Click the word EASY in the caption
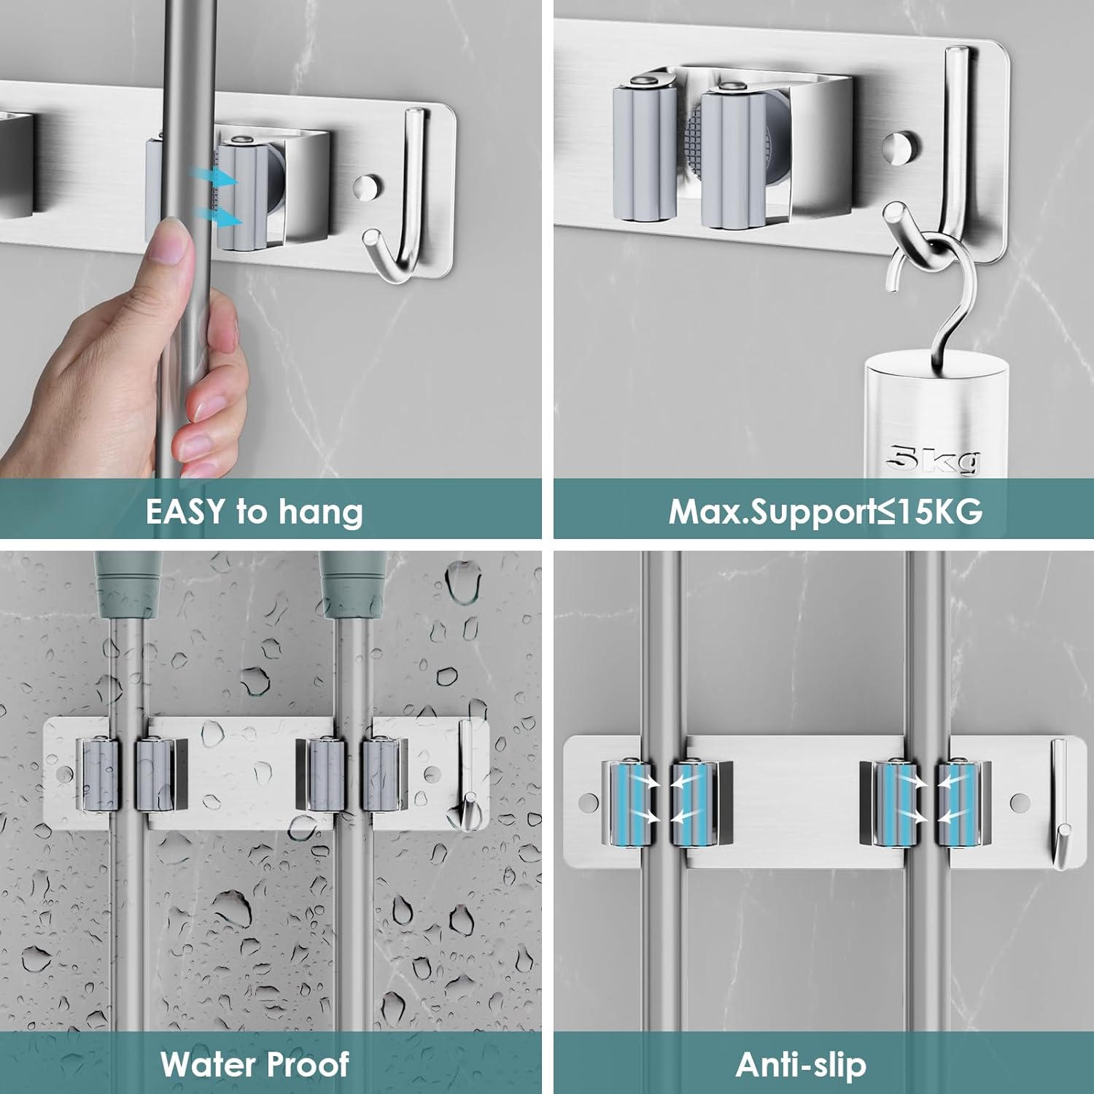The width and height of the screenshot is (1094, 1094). tap(185, 511)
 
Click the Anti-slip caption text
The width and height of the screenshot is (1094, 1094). tap(801, 1065)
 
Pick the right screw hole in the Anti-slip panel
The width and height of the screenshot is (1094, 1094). tap(1020, 803)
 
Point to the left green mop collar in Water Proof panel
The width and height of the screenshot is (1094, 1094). tap(128, 583)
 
